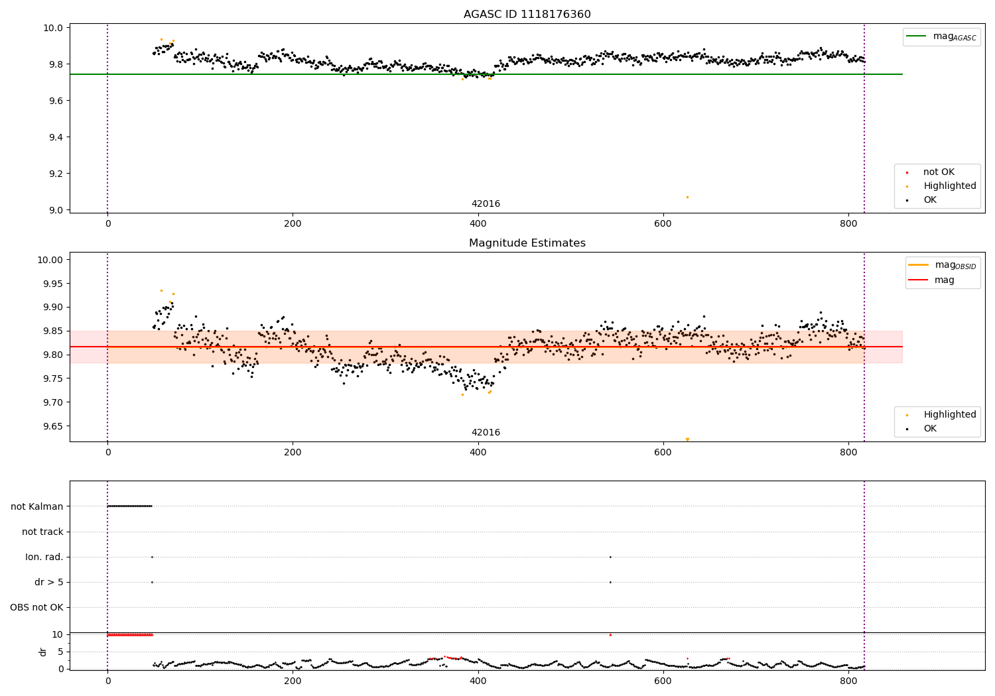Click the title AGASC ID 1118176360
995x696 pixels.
[x=527, y=15]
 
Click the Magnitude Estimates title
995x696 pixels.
[x=527, y=243]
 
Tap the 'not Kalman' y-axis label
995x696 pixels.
[x=37, y=506]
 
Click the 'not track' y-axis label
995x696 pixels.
[x=42, y=532]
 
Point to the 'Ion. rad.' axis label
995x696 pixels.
[x=44, y=557]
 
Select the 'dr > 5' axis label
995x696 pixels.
[x=49, y=582]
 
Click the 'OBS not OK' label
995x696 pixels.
[x=36, y=607]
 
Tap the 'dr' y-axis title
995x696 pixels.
[x=43, y=652]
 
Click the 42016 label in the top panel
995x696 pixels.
[x=486, y=204]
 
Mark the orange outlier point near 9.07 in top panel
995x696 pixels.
[x=687, y=197]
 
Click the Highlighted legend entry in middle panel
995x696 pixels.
[x=949, y=414]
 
